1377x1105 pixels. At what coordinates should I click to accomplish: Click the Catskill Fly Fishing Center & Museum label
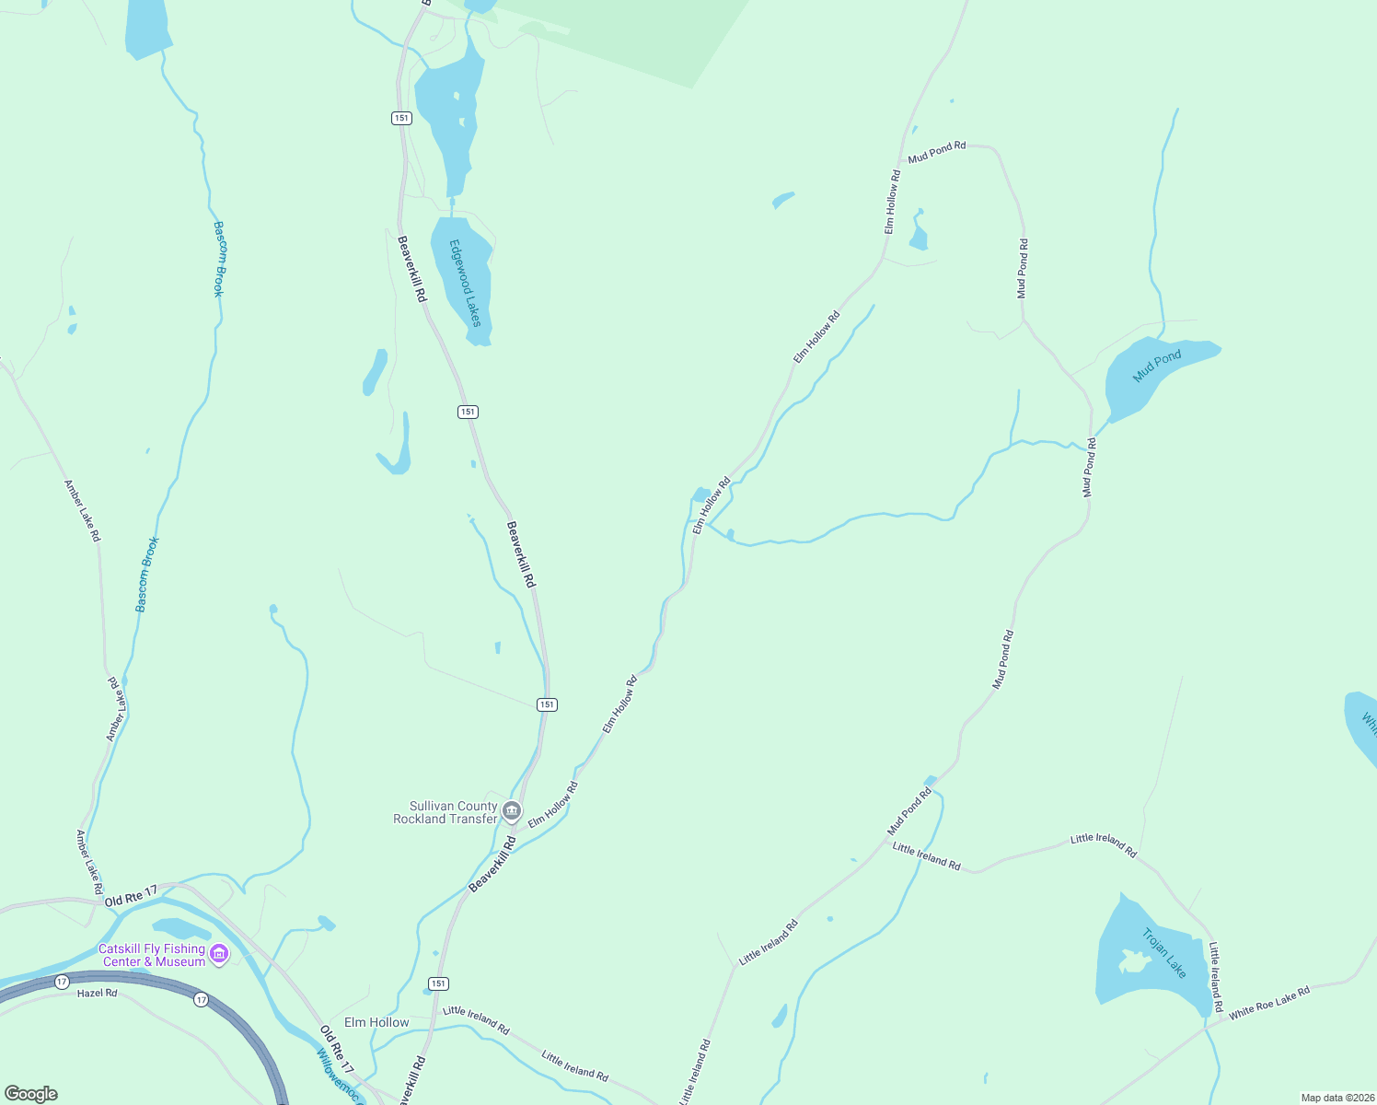tap(152, 955)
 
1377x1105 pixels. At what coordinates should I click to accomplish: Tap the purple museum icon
tap(219, 954)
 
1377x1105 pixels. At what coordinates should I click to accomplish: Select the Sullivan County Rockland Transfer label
tap(445, 812)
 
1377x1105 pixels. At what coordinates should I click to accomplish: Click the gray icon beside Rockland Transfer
tap(512, 812)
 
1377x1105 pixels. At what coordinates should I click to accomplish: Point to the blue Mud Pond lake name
tap(1157, 366)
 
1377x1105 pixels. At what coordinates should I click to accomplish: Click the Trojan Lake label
tap(1164, 953)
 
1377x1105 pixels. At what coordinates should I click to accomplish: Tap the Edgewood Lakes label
tap(466, 283)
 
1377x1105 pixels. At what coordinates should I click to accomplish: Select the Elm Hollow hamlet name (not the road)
tap(376, 1022)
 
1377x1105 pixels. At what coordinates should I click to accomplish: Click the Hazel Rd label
tap(97, 994)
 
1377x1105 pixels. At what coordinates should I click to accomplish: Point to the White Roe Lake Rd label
tap(1268, 1003)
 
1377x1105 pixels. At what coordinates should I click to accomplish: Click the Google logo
tap(31, 1094)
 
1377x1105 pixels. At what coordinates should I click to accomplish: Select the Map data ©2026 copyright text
tap(1337, 1098)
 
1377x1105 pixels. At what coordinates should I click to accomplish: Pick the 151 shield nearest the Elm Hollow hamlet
tap(438, 983)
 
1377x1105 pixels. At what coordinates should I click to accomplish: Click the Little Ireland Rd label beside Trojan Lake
tap(1216, 976)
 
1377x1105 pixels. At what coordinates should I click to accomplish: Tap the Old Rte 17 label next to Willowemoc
tap(336, 1044)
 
